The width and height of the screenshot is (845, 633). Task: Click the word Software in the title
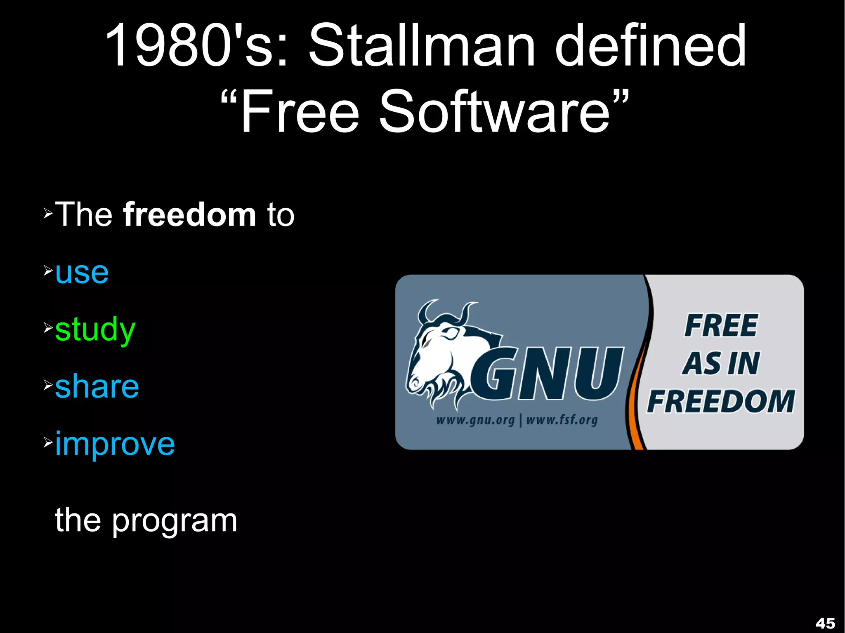point(494,112)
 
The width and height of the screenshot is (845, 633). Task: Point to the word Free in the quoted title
point(299,112)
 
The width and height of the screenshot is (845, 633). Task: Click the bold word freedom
point(190,215)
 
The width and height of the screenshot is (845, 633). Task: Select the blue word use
point(82,273)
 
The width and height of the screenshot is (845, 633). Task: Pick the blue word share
point(97,387)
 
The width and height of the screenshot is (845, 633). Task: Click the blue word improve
point(115,445)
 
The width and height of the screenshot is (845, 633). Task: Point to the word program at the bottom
point(175,520)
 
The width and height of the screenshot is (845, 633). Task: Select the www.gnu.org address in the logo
point(475,420)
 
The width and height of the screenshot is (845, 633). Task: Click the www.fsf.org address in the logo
point(562,420)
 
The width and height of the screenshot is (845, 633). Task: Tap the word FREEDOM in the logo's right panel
point(721,401)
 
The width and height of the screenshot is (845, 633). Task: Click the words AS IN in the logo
point(721,364)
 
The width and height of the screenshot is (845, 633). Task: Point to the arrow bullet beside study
point(48,328)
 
